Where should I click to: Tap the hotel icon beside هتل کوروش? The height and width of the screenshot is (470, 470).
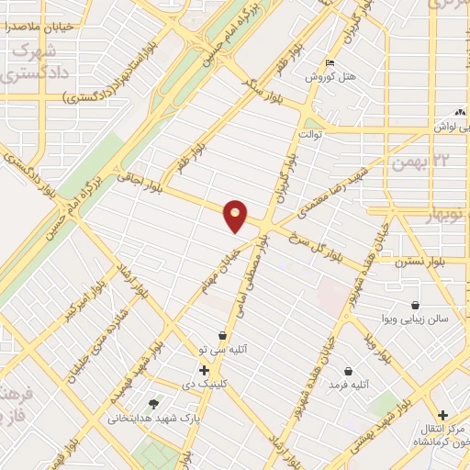330,62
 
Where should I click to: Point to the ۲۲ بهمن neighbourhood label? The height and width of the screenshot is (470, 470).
409,162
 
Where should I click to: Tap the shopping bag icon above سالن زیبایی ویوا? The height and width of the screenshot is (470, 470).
416,305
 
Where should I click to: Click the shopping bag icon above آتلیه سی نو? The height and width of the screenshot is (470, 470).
222,336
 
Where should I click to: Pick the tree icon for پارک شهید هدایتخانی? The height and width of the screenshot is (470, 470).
153,403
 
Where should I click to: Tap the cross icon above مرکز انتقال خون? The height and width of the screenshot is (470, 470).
443,415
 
